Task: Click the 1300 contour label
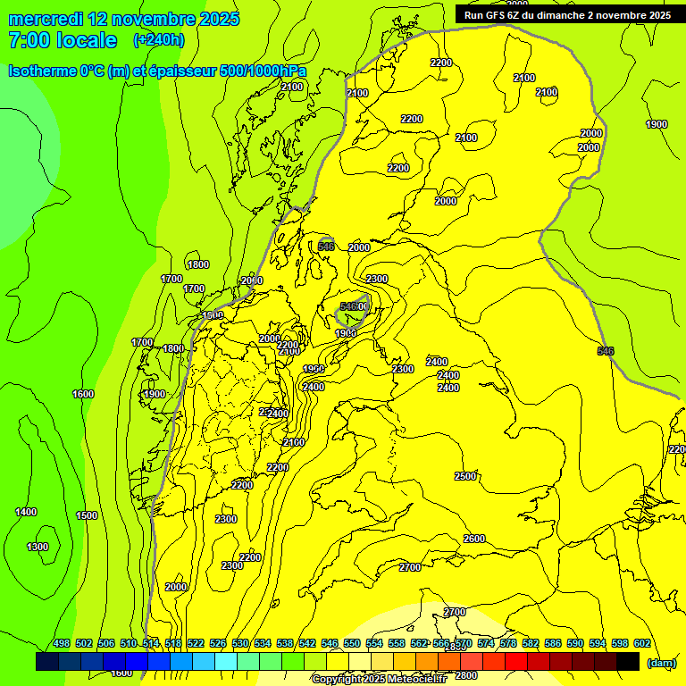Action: click(x=38, y=547)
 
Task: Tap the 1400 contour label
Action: click(x=26, y=512)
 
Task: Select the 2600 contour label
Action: click(x=474, y=539)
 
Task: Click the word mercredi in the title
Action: click(x=46, y=19)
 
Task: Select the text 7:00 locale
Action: click(x=63, y=40)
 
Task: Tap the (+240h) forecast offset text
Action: click(x=158, y=40)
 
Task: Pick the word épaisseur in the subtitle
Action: click(x=192, y=71)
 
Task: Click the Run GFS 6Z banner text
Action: click(x=567, y=15)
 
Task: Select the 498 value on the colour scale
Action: click(x=62, y=644)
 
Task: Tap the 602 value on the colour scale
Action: click(x=642, y=644)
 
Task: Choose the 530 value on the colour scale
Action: click(x=240, y=644)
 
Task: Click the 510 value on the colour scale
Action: click(x=129, y=644)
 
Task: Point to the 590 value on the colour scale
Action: click(x=575, y=644)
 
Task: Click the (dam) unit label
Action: click(x=662, y=662)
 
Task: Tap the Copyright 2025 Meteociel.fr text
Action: click(x=379, y=680)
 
